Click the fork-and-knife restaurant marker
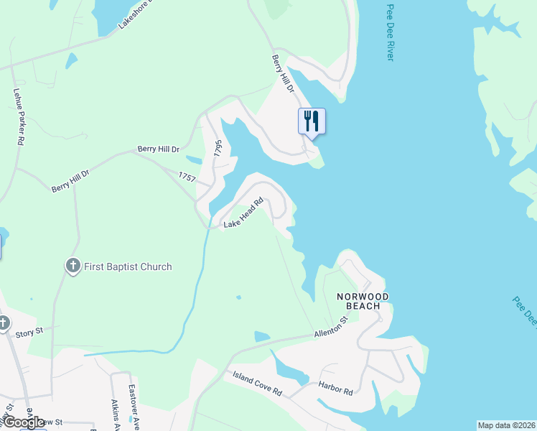tap(312, 120)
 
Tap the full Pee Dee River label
tap(390, 32)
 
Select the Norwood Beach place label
tap(364, 301)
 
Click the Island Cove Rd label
tap(257, 385)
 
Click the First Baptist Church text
tap(128, 267)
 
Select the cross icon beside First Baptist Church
tap(73, 266)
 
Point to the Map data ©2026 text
tap(506, 425)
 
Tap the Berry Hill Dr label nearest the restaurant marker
tap(283, 73)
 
